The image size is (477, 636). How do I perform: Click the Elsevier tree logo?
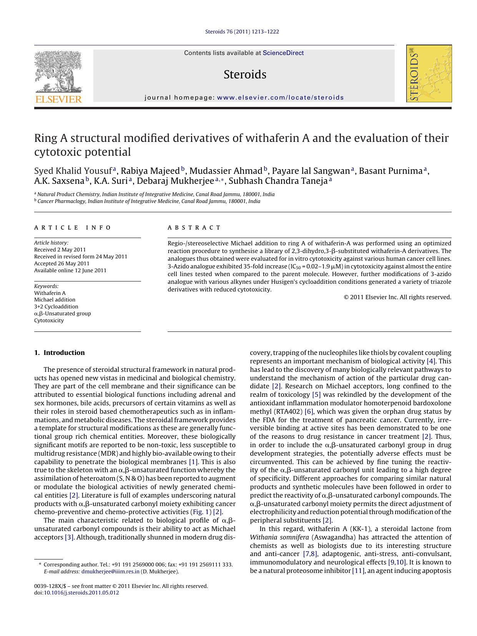pos(58,72)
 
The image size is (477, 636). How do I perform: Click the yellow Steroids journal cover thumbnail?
pos(429,73)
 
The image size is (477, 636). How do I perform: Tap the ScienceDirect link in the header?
pos(283,53)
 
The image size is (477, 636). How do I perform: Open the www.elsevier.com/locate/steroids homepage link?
pos(280,98)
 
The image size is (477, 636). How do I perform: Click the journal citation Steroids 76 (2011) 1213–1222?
pos(242,32)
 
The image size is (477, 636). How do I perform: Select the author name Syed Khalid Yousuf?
pos(73,171)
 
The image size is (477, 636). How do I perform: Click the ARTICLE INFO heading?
pos(73,228)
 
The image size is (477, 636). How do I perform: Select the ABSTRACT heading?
pos(194,228)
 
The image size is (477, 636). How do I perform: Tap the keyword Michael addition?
pos(55,300)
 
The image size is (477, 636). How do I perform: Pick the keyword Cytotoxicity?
pos(49,320)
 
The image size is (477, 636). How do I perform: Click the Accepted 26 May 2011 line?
pos(61,263)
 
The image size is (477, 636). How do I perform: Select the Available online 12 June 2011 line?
pos(70,270)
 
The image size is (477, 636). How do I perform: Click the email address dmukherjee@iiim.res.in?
pos(110,571)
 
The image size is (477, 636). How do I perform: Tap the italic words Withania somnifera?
pos(279,537)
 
